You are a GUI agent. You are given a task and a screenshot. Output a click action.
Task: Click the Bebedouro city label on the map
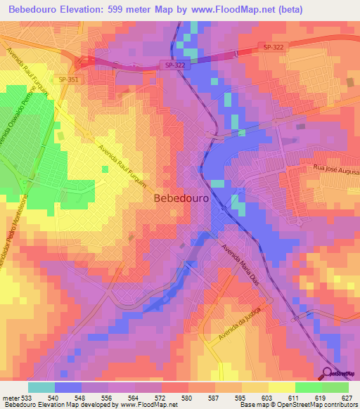[x=181, y=198]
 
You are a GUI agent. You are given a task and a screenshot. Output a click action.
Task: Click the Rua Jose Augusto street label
[x=335, y=169]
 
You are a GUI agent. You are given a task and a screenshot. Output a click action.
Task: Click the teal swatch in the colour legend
[x=41, y=387]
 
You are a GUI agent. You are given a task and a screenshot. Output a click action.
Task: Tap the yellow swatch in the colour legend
[x=281, y=387]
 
